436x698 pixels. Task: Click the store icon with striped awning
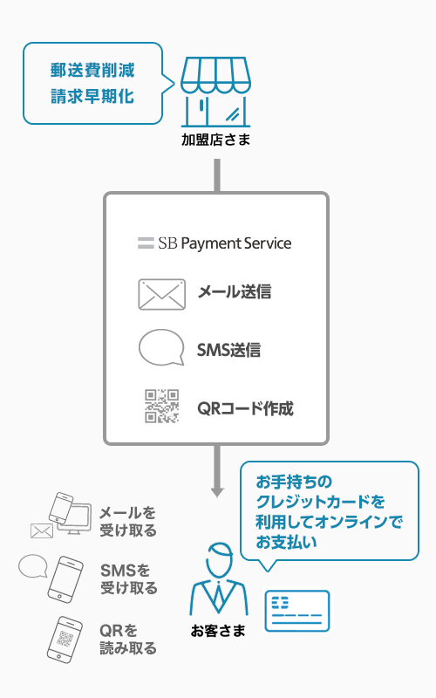215,92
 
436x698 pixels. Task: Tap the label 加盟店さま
215,140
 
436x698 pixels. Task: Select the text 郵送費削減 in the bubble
92,71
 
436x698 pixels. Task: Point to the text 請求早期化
92,96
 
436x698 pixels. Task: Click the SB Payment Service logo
215,243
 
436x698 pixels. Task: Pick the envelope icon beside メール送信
161,294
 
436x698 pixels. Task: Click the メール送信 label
235,292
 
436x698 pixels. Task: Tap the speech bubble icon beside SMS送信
161,347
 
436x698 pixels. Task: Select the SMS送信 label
228,350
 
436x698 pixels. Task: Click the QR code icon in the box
162,406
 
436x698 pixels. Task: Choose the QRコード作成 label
245,408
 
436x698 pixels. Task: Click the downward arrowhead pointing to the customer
217,491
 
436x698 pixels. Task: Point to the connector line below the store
217,175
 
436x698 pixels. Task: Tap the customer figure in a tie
219,578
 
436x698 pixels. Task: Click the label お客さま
218,630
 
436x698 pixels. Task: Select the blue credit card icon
297,610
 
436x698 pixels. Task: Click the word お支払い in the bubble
287,542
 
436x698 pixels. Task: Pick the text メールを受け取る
128,521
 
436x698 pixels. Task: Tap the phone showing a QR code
65,640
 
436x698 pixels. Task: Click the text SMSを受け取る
129,578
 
